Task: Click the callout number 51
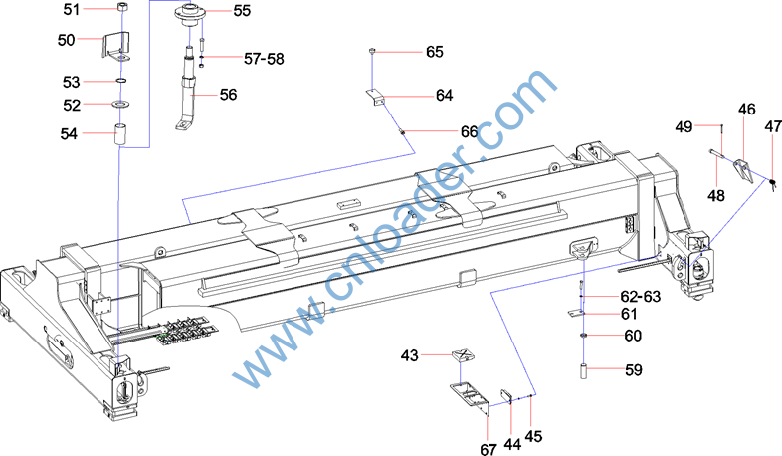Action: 71,9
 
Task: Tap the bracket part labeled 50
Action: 116,46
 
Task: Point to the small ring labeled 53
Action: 121,80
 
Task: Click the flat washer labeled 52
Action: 121,104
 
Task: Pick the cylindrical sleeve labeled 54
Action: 121,134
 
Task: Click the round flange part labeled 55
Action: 191,14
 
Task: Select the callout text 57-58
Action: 264,59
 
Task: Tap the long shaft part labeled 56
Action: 187,90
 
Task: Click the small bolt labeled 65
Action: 372,51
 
